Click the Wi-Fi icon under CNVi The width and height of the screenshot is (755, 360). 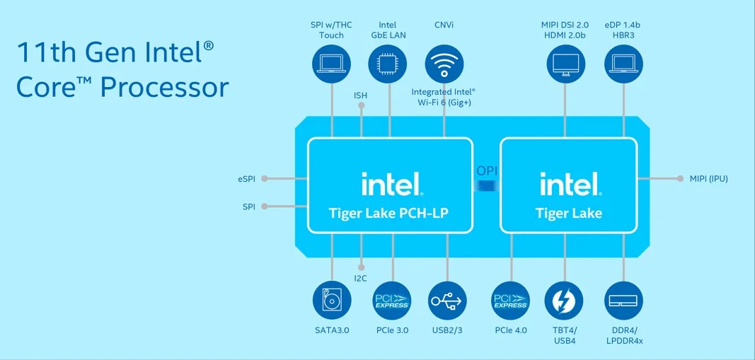coord(444,64)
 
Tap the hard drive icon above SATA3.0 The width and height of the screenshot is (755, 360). coord(332,301)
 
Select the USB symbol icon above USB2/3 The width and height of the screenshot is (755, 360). coord(447,301)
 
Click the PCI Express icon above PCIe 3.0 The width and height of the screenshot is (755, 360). coord(391,301)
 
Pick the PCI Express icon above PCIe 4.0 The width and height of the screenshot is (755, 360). coord(510,301)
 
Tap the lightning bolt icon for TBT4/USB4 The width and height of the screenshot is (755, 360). coord(564,301)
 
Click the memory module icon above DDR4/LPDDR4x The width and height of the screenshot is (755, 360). coord(624,301)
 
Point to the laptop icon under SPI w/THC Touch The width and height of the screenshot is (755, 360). coord(332,64)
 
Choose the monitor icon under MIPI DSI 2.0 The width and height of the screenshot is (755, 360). coord(565,64)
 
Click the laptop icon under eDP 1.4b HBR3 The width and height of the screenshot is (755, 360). coord(623,64)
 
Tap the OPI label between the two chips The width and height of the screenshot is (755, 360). coord(486,171)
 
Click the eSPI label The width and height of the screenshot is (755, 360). coord(248,178)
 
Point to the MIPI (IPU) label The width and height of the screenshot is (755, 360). coord(708,178)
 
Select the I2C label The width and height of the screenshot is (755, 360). coord(361,278)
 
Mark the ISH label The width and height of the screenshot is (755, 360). coord(361,95)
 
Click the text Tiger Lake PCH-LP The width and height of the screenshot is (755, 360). coord(389,213)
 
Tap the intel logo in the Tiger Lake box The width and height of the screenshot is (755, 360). coord(570,185)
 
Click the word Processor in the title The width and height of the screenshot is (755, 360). coord(164,87)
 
